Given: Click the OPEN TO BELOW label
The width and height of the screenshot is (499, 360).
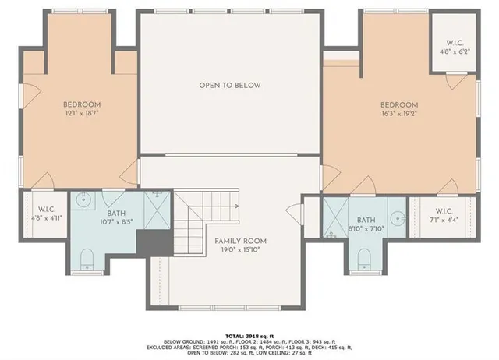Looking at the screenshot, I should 229,85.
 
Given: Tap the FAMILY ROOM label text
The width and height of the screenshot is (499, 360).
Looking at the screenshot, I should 241,241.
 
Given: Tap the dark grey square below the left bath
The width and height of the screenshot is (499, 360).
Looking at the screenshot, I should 148,242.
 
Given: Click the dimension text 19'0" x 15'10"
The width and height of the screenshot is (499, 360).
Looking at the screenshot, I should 241,251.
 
